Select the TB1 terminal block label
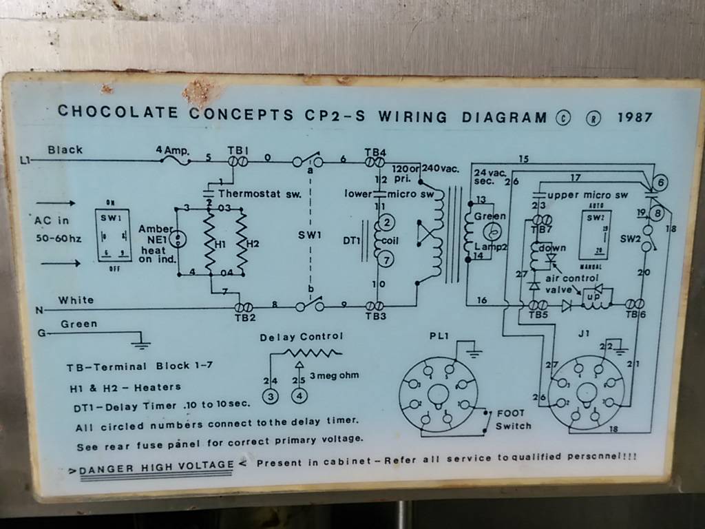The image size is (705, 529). click(238, 150)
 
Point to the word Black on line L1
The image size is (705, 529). click(65, 149)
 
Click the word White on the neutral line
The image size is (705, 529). click(76, 300)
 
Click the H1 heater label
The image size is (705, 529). click(220, 243)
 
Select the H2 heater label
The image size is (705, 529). click(252, 243)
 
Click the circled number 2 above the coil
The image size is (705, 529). click(386, 222)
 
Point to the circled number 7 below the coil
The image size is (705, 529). click(386, 260)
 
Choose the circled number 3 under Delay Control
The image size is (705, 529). click(271, 396)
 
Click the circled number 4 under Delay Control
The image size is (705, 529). click(299, 396)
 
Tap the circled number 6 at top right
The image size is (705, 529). click(660, 183)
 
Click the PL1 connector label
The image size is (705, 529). click(439, 336)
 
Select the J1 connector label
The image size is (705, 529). click(584, 335)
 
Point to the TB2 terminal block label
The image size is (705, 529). click(245, 318)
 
